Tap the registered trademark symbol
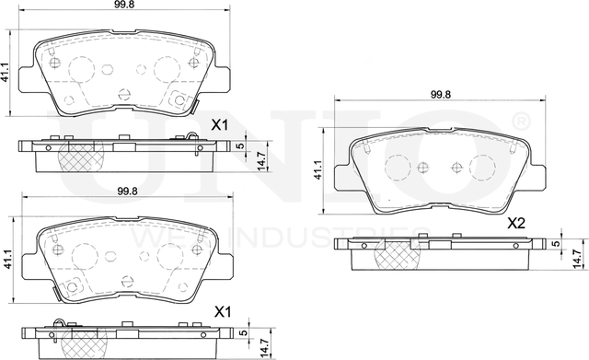tap(520, 121)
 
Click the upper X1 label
tap(220, 124)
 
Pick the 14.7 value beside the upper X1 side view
tap(261, 158)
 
